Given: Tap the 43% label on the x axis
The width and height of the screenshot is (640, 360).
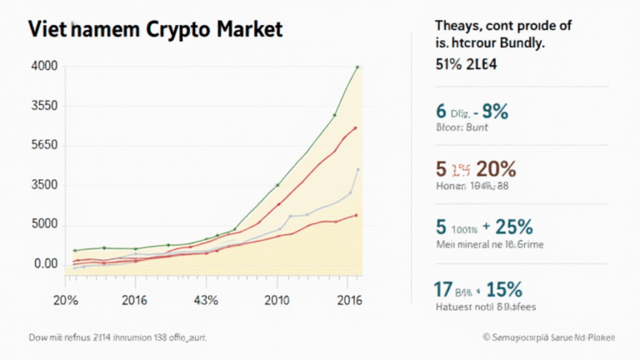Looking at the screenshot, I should click(205, 301).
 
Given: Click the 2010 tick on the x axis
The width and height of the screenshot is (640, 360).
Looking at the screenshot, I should click(277, 301).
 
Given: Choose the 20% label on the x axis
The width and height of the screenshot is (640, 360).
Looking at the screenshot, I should click(67, 301).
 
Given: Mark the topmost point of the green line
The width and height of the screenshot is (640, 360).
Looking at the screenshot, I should click(357, 67).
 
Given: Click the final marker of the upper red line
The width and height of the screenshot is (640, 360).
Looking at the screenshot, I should click(356, 127).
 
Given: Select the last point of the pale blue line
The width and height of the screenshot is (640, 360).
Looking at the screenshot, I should click(358, 169).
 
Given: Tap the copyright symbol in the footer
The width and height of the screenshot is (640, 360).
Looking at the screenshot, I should click(484, 337).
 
